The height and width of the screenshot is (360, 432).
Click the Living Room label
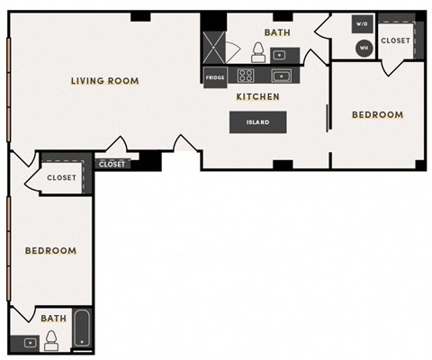(105, 81)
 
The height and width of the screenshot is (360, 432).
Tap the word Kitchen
(257, 96)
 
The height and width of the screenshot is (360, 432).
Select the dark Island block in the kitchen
(258, 122)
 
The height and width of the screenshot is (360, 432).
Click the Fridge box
(215, 77)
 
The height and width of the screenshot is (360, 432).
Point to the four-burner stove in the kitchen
(247, 75)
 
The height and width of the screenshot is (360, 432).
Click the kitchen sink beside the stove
(279, 75)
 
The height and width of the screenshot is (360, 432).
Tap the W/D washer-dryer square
(363, 24)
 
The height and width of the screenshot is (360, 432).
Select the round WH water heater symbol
(364, 47)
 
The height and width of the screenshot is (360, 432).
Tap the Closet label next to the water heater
(395, 40)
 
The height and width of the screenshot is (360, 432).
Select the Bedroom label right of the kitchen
(377, 114)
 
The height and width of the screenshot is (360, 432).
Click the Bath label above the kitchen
(277, 33)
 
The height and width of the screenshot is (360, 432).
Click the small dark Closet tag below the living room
(112, 164)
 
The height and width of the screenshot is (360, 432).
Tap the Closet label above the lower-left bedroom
(62, 177)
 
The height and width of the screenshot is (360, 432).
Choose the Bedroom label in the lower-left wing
(50, 250)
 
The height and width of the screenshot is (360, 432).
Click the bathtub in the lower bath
(82, 329)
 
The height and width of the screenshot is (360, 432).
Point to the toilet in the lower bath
(53, 338)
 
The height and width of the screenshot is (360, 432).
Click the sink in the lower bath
(29, 342)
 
